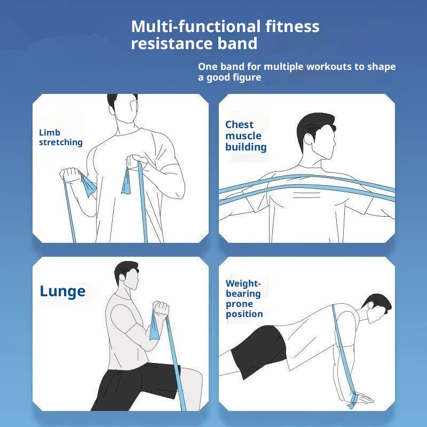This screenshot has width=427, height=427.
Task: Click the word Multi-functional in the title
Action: [195, 26]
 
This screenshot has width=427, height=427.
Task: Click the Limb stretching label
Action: [60, 137]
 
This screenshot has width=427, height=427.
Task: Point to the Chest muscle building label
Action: [246, 136]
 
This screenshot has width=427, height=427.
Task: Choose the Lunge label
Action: [62, 291]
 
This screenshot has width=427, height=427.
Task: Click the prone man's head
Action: [377, 310]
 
